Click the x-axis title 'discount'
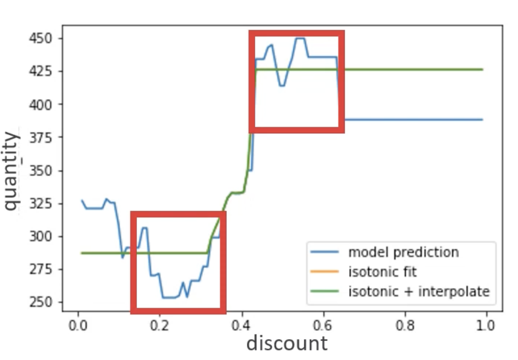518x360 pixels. click(287, 343)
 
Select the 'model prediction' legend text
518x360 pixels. click(403, 252)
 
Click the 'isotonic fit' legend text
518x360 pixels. click(383, 271)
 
